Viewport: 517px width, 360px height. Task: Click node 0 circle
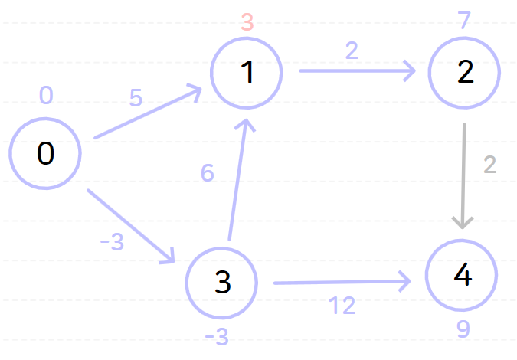coord(45,153)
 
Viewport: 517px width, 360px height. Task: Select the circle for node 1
coord(247,72)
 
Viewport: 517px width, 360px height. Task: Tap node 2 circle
coord(464,72)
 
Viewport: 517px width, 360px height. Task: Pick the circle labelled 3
coord(222,283)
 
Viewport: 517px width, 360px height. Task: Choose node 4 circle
coord(462,277)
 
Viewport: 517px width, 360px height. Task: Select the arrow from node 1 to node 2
coord(356,71)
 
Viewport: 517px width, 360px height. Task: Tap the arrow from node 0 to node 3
coord(130,226)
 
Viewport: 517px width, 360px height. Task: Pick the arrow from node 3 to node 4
coord(341,283)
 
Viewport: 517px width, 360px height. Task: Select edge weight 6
coord(207,174)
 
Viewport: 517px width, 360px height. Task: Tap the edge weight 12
coord(342,306)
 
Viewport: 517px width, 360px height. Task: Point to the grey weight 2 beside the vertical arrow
coord(490,165)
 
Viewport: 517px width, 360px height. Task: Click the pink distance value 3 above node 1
coord(247,21)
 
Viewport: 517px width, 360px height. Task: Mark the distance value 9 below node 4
coord(463,329)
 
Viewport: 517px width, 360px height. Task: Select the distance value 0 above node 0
coord(46,96)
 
